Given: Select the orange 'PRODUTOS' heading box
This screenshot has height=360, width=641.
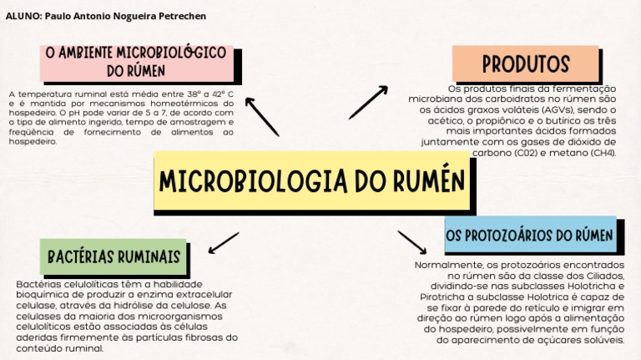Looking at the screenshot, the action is [x=525, y=63].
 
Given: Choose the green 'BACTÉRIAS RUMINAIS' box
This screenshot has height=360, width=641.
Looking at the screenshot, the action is [x=114, y=256].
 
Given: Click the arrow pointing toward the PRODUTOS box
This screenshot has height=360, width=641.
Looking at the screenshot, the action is [x=368, y=102].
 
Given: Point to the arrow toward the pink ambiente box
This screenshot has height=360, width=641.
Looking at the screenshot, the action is [x=261, y=116].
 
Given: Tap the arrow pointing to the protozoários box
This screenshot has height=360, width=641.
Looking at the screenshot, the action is [x=411, y=242].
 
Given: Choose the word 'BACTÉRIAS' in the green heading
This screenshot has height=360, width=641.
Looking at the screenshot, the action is [x=80, y=256].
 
